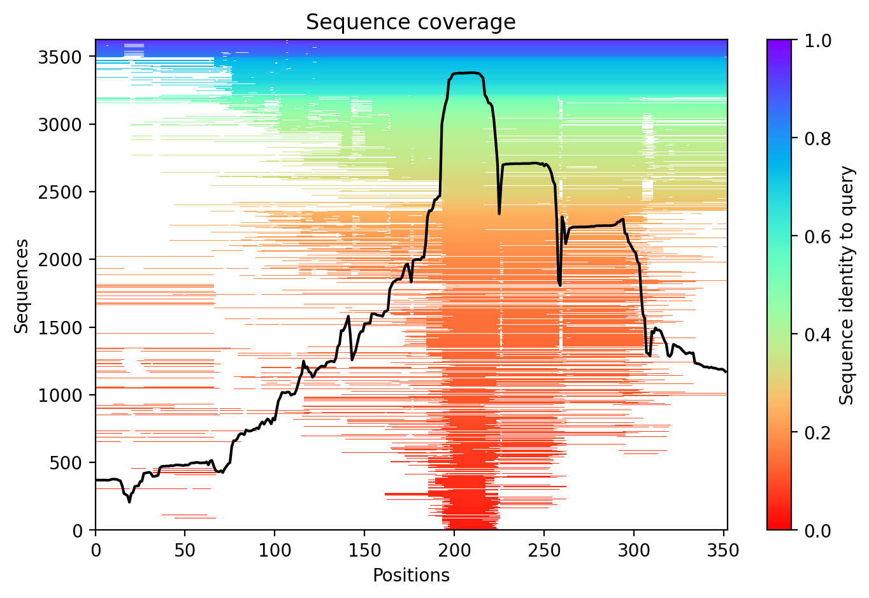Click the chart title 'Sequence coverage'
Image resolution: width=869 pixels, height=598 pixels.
click(x=411, y=22)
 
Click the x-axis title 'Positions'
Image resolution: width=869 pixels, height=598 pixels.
click(x=411, y=575)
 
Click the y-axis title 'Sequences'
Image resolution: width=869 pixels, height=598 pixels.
click(x=22, y=285)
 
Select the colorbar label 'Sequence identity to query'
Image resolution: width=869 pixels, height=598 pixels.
click(x=847, y=285)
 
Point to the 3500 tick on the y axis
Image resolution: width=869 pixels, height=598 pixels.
click(x=64, y=57)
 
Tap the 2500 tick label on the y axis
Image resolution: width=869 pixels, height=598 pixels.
click(x=64, y=192)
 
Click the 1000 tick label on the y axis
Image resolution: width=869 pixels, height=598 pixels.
click(x=64, y=395)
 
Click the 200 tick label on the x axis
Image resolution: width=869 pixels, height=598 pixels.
click(x=454, y=550)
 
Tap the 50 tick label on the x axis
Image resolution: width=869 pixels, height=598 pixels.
click(x=185, y=550)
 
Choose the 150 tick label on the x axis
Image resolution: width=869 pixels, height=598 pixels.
click(x=364, y=550)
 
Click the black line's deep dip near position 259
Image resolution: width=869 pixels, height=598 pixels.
click(x=560, y=285)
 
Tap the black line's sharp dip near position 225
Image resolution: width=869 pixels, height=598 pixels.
click(x=499, y=213)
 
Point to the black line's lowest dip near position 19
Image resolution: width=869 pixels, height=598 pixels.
click(x=129, y=502)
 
